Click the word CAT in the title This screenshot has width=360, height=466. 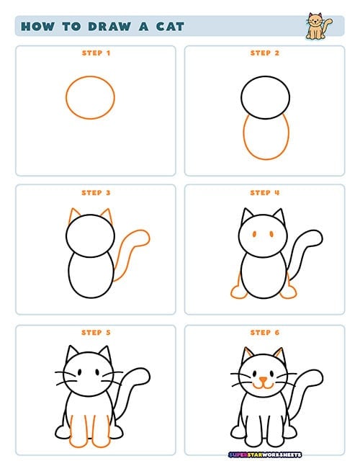[170, 27]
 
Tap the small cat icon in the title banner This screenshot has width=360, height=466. [319, 26]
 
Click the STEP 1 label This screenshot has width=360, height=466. [96, 53]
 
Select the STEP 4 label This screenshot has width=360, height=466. [265, 193]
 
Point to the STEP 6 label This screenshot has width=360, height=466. [265, 333]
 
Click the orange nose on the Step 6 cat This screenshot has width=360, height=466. [264, 380]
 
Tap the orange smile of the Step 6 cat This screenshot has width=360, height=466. [264, 385]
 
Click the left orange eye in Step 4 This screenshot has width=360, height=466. [255, 234]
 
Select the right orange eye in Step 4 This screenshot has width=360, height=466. [271, 234]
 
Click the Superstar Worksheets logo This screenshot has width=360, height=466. [265, 454]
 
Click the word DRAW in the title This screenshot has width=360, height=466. [109, 27]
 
